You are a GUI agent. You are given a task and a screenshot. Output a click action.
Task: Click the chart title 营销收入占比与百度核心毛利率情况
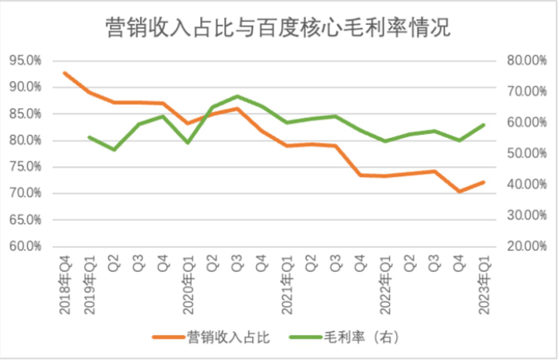click(278, 29)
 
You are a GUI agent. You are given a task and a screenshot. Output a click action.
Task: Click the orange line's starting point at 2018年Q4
click(65, 72)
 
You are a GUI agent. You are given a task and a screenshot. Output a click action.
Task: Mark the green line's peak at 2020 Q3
click(237, 96)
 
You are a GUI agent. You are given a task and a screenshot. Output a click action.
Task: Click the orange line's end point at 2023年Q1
click(483, 182)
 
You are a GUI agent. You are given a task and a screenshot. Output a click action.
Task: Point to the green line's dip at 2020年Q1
click(188, 143)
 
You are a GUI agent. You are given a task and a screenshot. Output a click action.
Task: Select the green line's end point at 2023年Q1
click(483, 125)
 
